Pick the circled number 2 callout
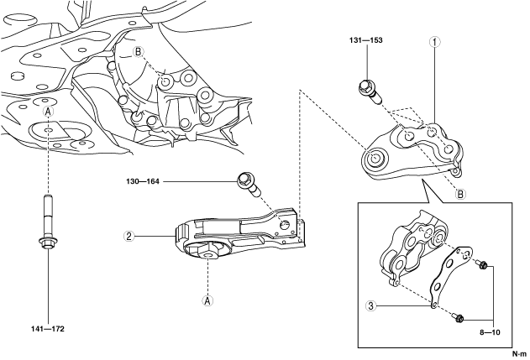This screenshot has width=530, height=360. (129, 236)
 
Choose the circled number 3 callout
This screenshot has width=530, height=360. (370, 305)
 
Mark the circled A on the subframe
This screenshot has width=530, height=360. (48, 112)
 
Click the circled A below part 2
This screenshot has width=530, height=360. (207, 298)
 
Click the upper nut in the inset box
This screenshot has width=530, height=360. (482, 266)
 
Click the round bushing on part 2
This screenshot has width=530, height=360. (208, 251)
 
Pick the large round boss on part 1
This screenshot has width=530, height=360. (373, 157)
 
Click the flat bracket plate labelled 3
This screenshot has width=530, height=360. (444, 278)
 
